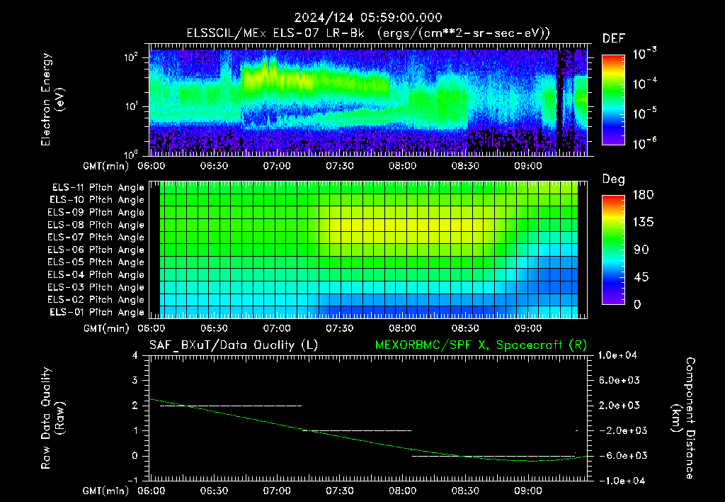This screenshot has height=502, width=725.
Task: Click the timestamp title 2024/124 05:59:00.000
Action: click(368, 18)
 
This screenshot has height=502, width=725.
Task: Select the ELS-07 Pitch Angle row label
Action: click(96, 237)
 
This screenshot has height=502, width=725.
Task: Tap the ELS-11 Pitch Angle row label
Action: click(98, 187)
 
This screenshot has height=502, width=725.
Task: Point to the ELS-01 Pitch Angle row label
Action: click(96, 312)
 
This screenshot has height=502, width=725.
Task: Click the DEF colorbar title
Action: click(614, 38)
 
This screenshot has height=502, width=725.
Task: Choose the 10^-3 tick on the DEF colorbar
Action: click(645, 54)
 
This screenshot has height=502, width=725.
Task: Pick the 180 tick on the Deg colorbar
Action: click(643, 194)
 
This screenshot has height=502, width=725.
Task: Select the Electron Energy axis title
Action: click(52, 99)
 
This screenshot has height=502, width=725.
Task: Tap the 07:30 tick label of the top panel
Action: click(339, 166)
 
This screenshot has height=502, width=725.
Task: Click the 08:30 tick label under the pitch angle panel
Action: click(464, 328)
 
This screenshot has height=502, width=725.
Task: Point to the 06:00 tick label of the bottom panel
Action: click(152, 491)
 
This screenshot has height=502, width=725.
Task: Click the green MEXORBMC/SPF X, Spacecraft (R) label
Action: click(481, 345)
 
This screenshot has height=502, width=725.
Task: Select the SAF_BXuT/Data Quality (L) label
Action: click(234, 345)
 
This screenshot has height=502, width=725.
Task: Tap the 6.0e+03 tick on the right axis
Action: click(619, 380)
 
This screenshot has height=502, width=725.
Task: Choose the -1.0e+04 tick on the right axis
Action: click(618, 481)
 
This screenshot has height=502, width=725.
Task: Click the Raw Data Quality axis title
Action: click(52, 418)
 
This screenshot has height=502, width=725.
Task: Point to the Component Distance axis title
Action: click(683, 418)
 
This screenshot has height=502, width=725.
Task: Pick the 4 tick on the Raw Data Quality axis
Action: click(135, 355)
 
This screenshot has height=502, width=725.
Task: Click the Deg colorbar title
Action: click(614, 179)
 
